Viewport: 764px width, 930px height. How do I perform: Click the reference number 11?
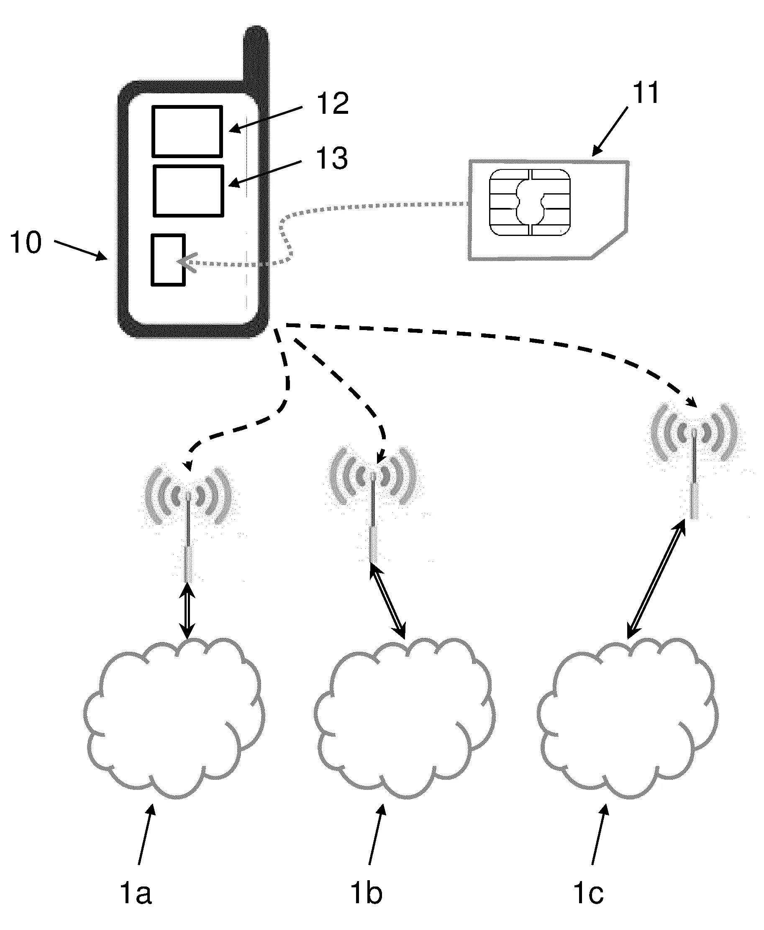[645, 93]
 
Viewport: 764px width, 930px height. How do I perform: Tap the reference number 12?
[333, 104]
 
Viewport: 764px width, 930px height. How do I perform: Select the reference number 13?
[332, 159]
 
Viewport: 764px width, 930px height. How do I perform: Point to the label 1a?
[136, 894]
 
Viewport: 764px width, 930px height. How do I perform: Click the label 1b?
[366, 894]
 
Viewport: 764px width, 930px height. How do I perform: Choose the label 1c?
[588, 894]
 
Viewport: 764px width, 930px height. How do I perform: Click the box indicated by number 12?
[187, 131]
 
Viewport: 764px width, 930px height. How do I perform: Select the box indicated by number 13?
[188, 191]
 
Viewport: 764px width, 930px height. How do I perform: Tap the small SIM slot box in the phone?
[168, 260]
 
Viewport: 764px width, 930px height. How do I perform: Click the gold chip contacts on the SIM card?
[529, 202]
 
